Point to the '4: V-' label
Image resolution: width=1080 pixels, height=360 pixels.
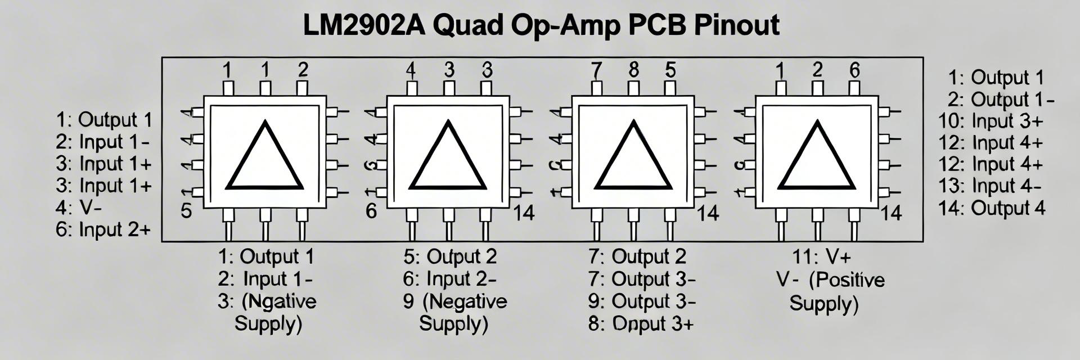tap(79, 208)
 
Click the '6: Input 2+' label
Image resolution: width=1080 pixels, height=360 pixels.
tap(103, 229)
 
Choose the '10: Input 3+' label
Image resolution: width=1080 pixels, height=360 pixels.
tap(991, 121)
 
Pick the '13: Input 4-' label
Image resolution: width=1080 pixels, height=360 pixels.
tap(989, 186)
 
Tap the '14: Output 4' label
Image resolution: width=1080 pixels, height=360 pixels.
tap(991, 208)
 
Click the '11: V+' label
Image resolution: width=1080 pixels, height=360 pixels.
tap(821, 257)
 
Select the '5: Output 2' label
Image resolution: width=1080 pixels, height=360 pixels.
tap(450, 256)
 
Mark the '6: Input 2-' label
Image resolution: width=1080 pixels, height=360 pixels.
tap(449, 279)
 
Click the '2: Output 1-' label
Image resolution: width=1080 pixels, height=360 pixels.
tap(1001, 100)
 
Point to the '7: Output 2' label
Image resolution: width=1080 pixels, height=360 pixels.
tap(637, 256)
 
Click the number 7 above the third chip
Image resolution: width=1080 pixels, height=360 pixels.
tap(596, 71)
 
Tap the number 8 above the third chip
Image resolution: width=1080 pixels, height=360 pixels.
tap(634, 70)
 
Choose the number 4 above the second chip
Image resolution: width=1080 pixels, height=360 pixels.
tap(411, 71)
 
